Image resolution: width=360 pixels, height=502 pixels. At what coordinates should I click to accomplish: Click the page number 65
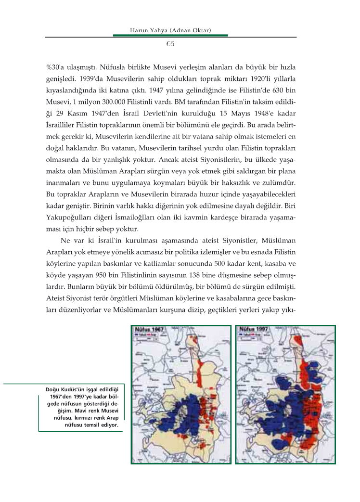point(170,44)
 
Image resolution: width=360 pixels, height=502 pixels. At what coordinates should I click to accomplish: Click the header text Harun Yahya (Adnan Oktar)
point(171,31)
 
